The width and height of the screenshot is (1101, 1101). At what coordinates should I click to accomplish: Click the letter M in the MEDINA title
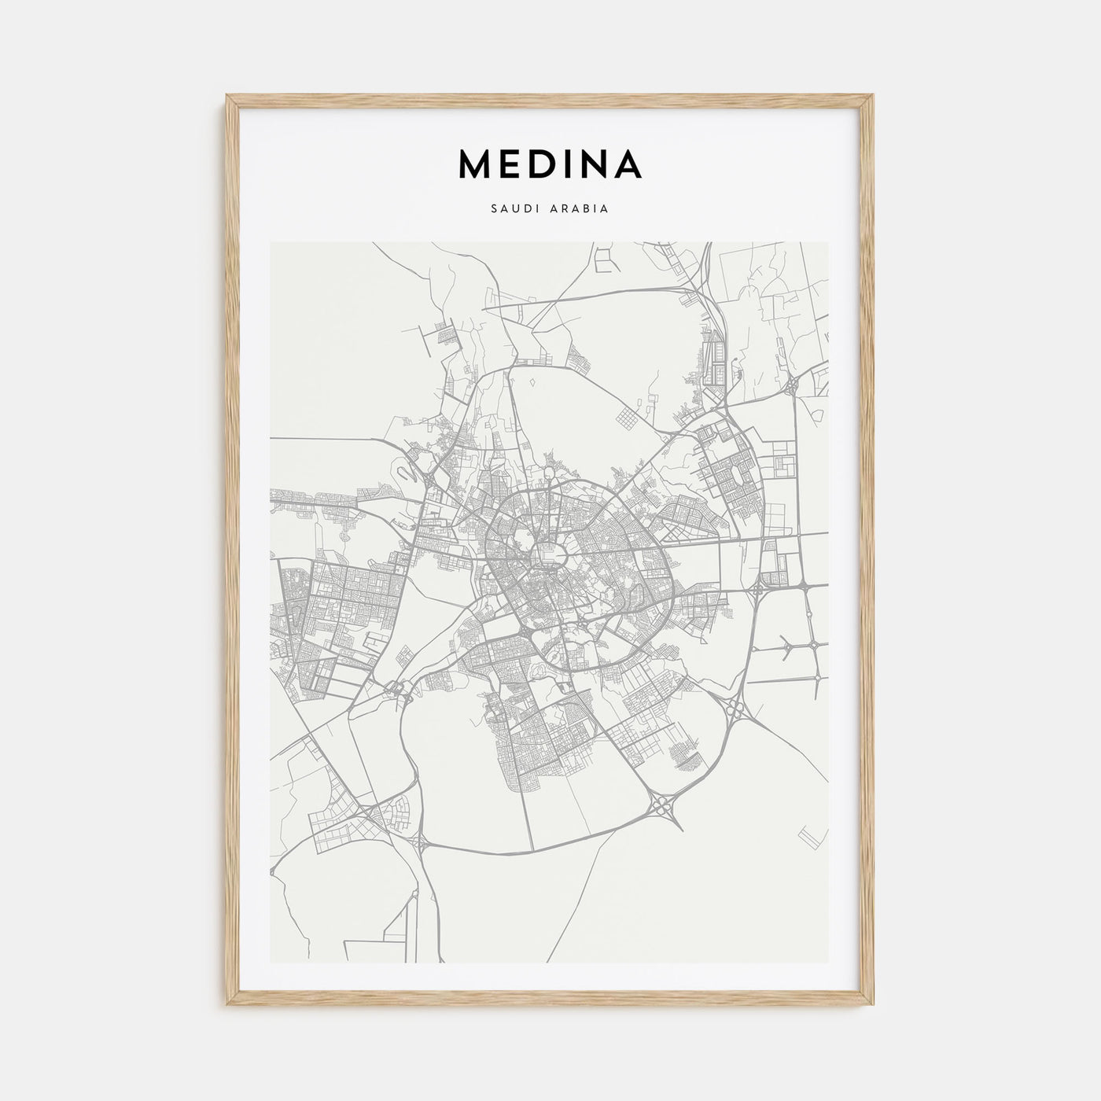pyautogui.click(x=475, y=164)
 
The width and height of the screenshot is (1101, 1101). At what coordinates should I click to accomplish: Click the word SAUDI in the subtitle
pyautogui.click(x=513, y=210)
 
